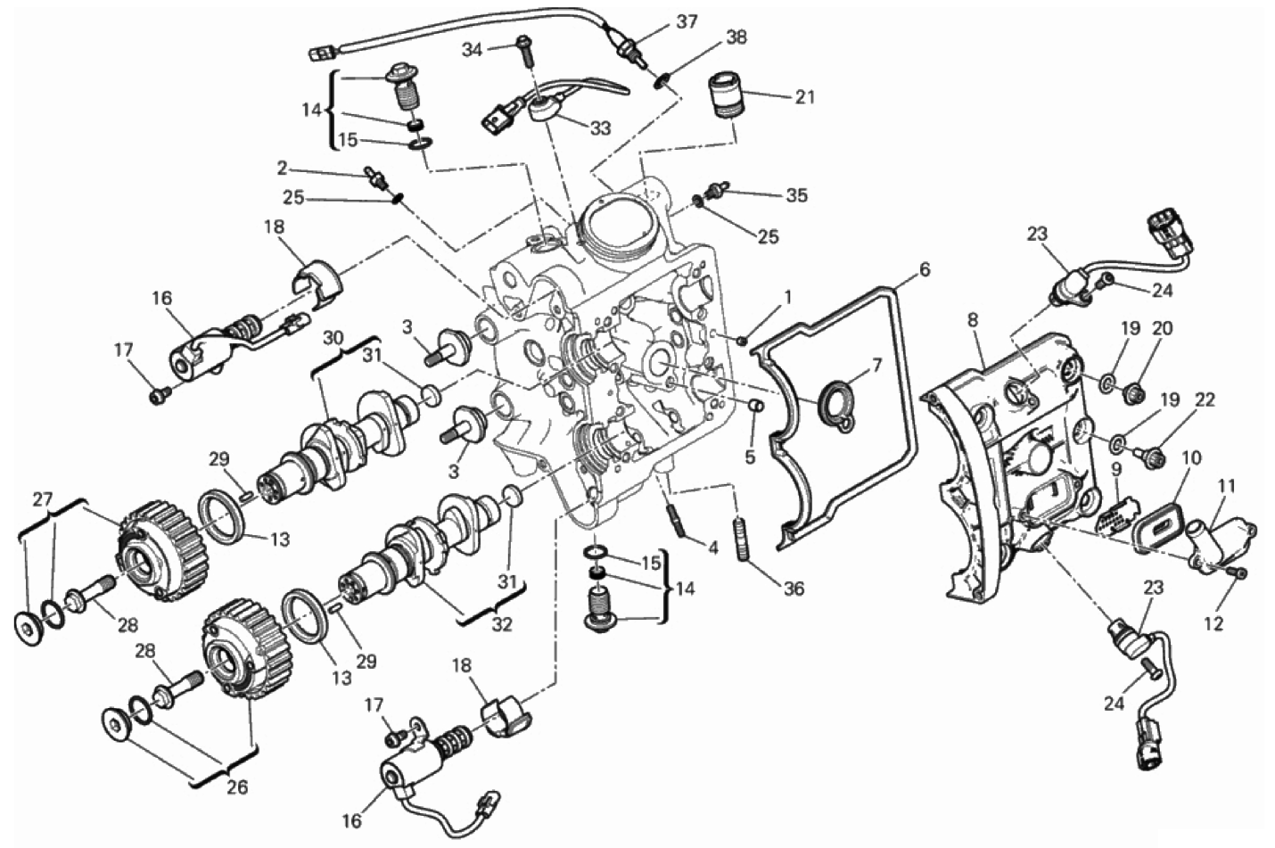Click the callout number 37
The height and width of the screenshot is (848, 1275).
point(687,22)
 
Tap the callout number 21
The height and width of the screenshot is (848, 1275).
point(804,97)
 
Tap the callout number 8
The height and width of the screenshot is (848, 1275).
point(972,320)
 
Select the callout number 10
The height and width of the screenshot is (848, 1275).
point(1191,457)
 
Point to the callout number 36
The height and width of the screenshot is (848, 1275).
point(794,589)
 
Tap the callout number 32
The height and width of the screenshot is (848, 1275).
point(501,624)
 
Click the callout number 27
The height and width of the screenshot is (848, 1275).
point(43,499)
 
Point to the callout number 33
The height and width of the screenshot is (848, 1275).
point(600,128)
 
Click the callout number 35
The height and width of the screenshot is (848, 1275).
point(796,195)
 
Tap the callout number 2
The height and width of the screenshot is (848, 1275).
point(283,168)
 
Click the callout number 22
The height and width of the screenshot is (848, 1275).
point(1204,400)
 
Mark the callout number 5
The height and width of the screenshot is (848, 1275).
point(750,457)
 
